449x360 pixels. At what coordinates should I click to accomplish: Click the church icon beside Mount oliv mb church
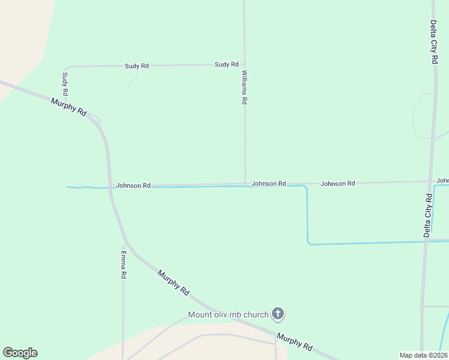[278, 313]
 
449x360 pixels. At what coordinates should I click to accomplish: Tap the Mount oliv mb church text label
[228, 314]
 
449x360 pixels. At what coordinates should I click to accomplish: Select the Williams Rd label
[244, 88]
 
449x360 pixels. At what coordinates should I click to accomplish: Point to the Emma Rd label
[123, 265]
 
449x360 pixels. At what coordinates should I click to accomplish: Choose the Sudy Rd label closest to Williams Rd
[226, 64]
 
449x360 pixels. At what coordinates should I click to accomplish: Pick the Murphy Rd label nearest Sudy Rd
[69, 107]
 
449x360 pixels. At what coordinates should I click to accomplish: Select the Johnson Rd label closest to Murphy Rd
[133, 186]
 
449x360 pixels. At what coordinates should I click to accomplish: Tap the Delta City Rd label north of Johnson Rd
[433, 42]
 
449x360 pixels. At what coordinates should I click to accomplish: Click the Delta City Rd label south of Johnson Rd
[428, 215]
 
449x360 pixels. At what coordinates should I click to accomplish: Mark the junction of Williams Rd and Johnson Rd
[245, 184]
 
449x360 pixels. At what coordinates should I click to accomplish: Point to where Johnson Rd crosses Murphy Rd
[110, 186]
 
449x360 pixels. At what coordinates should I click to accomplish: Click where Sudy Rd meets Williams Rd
[244, 64]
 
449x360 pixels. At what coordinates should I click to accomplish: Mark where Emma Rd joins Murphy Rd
[125, 245]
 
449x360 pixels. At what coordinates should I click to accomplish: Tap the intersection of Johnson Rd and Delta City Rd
[430, 181]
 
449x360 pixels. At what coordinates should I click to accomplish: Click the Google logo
[20, 353]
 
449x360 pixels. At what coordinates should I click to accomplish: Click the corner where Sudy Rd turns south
[65, 67]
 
